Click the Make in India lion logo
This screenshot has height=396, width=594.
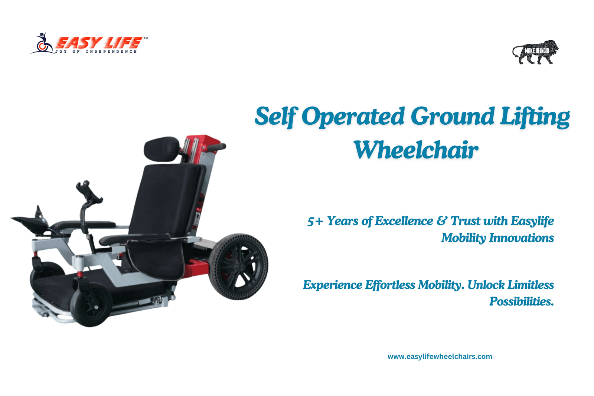535,52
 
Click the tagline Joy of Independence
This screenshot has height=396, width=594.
96,52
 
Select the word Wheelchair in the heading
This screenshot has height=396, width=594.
416,150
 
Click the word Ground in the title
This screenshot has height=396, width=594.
452,116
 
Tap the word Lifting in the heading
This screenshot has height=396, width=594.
535,117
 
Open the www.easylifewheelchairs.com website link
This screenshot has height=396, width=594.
440,357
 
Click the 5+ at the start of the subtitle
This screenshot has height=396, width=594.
315,221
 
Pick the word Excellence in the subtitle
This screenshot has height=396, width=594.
404,221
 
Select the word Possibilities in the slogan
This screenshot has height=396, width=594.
522,301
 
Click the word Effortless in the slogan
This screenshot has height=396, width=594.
390,285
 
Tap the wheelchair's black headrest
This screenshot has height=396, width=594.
161,149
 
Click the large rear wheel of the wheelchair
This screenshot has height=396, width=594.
238,266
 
